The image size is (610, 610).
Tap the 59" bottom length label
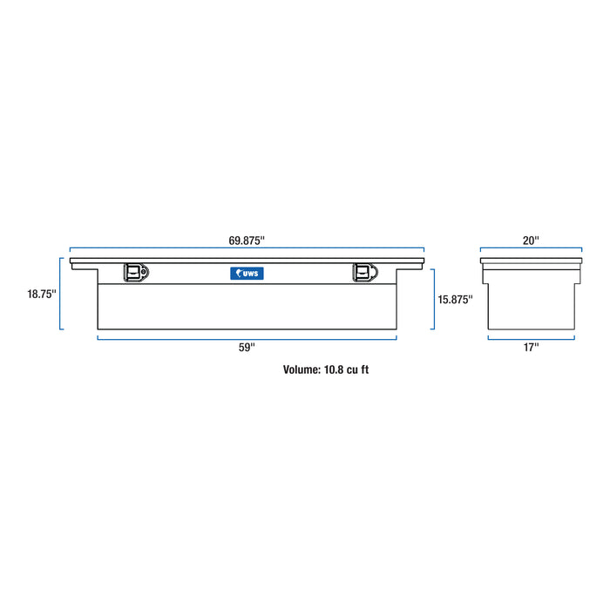coord(247,348)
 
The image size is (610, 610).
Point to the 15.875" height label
coord(455,299)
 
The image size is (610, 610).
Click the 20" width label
coord(532,239)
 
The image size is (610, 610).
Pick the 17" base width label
coord(532,348)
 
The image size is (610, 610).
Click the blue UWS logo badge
coord(247,273)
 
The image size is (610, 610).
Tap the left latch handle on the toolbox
coord(135,273)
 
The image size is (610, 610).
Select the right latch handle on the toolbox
coord(363,273)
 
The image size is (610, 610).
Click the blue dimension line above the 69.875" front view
coord(247,247)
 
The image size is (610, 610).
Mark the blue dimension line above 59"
coord(247,337)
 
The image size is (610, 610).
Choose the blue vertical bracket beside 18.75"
coord(61,294)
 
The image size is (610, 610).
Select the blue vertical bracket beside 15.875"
coord(433,299)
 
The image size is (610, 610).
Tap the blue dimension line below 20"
coord(532,248)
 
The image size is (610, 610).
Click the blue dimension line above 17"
coord(532,338)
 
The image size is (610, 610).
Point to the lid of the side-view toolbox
coord(532,259)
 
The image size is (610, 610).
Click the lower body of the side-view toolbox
coord(532,305)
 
